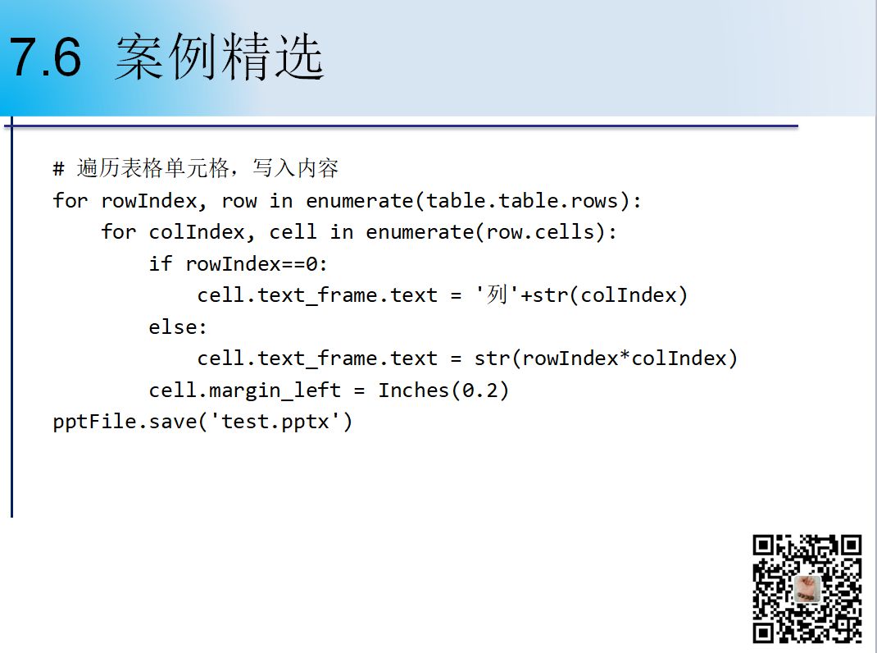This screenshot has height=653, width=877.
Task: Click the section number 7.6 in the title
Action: coord(45,57)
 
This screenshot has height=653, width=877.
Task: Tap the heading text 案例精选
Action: coord(220,57)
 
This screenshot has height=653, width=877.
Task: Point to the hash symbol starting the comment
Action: coord(58,168)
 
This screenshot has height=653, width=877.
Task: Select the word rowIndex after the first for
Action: coord(149,200)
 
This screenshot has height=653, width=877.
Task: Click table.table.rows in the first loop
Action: coord(522,200)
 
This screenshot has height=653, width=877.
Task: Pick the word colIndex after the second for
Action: coord(197,232)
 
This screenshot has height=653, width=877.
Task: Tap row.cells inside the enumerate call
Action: coord(540,232)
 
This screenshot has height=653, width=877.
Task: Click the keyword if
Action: coord(161,263)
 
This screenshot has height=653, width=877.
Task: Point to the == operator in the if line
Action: coord(293,264)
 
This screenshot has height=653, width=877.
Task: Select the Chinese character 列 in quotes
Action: coord(497,295)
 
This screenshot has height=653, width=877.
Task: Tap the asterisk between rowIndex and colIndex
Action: coord(625,356)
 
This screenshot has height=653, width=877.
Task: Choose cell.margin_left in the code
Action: coord(244,390)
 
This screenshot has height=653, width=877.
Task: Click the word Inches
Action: coord(413,390)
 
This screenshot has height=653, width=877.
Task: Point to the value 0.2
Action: coord(479,390)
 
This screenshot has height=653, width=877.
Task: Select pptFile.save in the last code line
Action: coord(125,422)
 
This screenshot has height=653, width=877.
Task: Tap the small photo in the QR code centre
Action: coord(807,588)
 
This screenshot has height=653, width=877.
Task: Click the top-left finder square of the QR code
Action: coord(763,546)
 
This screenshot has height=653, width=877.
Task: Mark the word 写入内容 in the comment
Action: coord(295,168)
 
